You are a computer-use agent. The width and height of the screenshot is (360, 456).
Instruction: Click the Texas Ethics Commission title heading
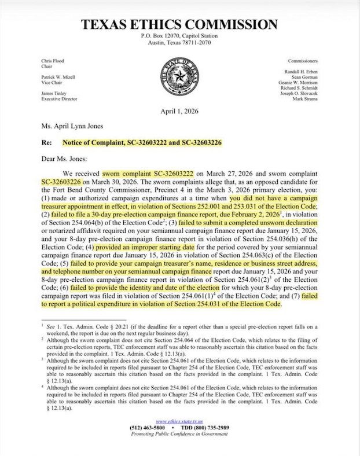pos(179,25)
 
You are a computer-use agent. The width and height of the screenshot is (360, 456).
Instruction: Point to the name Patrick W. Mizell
pos(60,77)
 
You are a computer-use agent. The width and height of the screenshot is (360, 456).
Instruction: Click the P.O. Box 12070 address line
pos(179,37)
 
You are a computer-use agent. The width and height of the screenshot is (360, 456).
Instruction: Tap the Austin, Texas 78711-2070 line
pos(179,43)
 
